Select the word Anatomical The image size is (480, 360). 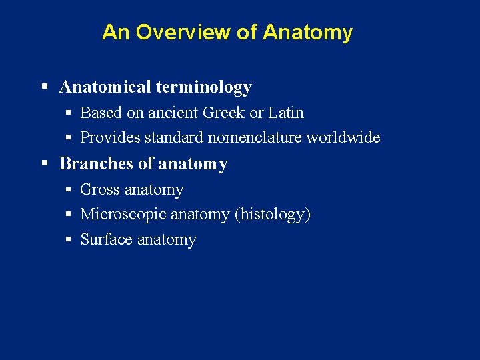106,87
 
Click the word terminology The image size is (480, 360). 205,87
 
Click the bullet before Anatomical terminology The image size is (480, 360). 45,87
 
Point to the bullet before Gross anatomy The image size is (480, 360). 69,190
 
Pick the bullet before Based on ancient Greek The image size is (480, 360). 69,113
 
